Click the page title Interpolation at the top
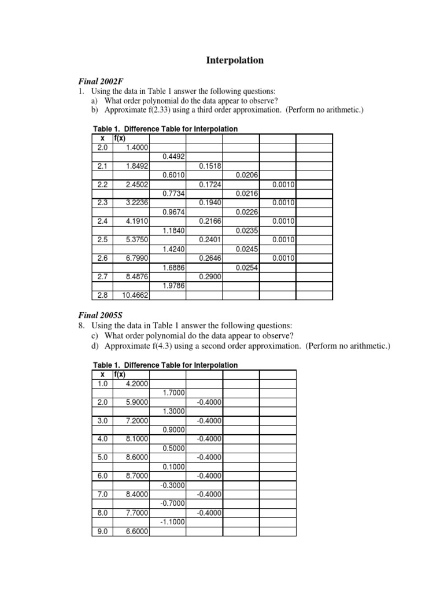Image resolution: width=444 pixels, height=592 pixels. [235, 60]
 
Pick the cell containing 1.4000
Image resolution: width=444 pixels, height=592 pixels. [136, 147]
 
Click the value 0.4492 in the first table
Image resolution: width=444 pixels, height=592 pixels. [173, 157]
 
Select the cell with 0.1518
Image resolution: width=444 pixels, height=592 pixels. [210, 166]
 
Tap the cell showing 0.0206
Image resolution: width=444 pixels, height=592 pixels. [247, 175]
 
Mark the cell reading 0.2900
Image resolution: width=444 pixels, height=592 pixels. [210, 276]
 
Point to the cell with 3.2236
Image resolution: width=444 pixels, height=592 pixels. [136, 202]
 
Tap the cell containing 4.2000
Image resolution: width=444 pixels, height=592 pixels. [136, 383]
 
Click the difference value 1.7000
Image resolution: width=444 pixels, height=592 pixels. [173, 393]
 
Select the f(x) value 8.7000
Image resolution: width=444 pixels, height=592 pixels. [136, 475]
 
